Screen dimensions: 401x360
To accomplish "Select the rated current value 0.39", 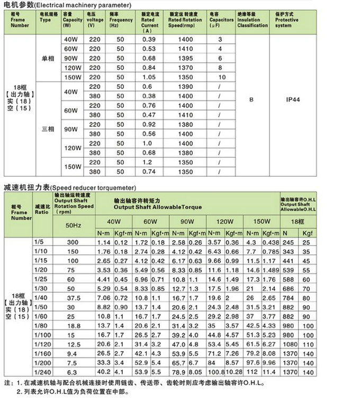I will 149,40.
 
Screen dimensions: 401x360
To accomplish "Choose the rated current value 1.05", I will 149,77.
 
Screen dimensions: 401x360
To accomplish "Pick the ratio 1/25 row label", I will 39,278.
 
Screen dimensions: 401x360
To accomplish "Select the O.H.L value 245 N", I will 288,242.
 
